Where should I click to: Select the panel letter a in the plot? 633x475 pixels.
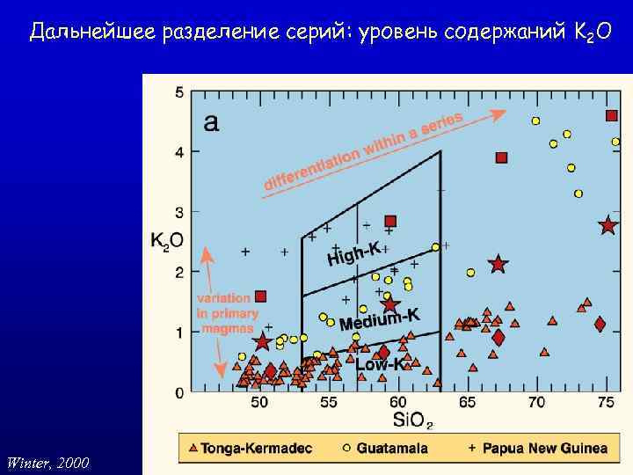coord(211,122)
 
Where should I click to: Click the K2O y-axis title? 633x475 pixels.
coord(166,239)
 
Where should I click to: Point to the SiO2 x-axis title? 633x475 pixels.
coord(411,420)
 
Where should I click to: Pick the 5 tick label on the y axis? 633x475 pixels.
coord(179,92)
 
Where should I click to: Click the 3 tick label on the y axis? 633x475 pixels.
coord(179,212)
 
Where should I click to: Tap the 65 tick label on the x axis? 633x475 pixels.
coord(467,403)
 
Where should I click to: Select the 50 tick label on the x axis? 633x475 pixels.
coord(260,403)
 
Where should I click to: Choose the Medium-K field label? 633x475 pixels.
coord(380,318)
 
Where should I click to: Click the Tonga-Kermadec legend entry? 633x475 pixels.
coord(249,448)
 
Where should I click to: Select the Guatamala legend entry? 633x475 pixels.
coord(385,448)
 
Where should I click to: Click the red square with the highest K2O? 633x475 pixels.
coord(612,116)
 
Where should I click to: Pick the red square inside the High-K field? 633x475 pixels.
coord(390,221)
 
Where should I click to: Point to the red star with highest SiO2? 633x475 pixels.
coord(608,226)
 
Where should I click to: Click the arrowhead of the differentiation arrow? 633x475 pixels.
coord(499,113)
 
